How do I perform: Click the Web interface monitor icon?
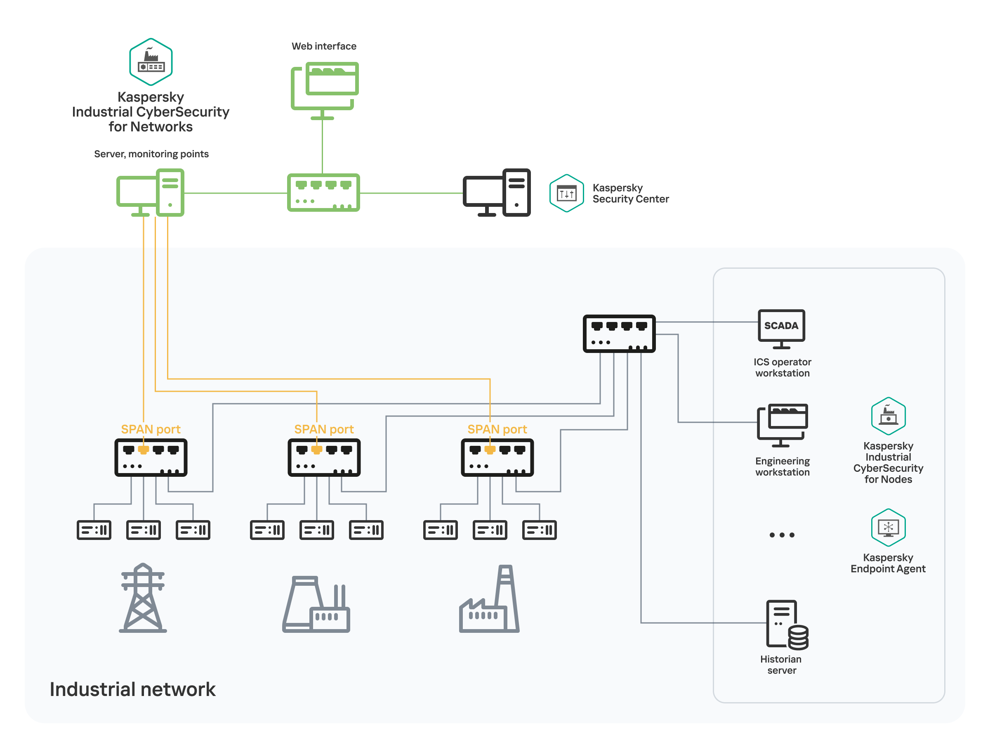(x=325, y=90)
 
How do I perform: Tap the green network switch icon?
(x=323, y=193)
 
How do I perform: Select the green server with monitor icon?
(x=151, y=193)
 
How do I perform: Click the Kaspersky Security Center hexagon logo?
(x=566, y=193)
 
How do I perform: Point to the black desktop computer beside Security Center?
(x=496, y=193)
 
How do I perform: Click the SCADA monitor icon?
(x=781, y=329)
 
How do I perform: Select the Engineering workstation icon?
(x=782, y=425)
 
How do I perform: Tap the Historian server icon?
(x=786, y=625)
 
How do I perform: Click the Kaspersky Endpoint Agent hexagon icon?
(x=888, y=527)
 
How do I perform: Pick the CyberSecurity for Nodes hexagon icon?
(x=888, y=416)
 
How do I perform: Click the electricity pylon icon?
(x=143, y=598)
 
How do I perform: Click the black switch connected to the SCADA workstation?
(x=619, y=334)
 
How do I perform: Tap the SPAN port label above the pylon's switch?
(x=151, y=429)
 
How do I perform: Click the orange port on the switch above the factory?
(x=490, y=450)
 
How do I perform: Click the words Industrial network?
(x=132, y=689)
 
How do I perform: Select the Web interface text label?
(x=324, y=46)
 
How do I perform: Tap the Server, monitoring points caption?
(x=151, y=154)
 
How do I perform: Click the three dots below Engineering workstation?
(x=782, y=535)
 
